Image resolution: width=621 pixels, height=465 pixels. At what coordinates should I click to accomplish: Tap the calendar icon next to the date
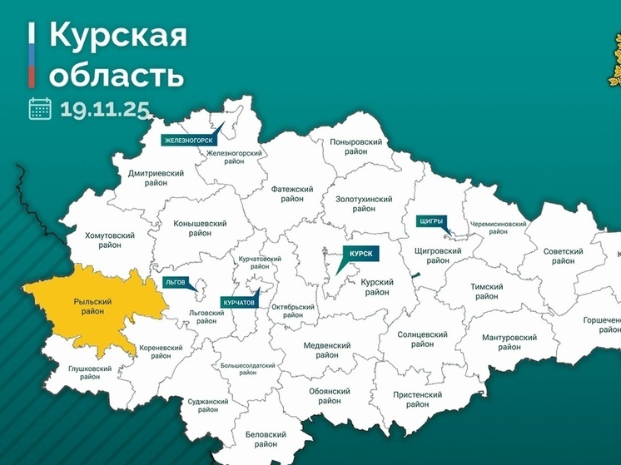click(x=40, y=108)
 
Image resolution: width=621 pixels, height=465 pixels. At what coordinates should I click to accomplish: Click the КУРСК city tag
click(x=359, y=252)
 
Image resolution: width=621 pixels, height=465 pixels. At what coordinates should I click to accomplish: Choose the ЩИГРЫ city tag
click(x=431, y=221)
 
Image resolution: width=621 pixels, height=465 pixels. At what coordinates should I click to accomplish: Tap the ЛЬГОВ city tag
click(x=176, y=282)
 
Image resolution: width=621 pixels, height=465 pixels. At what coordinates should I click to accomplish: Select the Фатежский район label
click(x=292, y=194)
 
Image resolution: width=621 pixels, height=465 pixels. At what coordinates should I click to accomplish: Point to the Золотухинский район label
click(x=364, y=205)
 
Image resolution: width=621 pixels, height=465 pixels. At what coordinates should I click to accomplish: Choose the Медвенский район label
click(x=321, y=349)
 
